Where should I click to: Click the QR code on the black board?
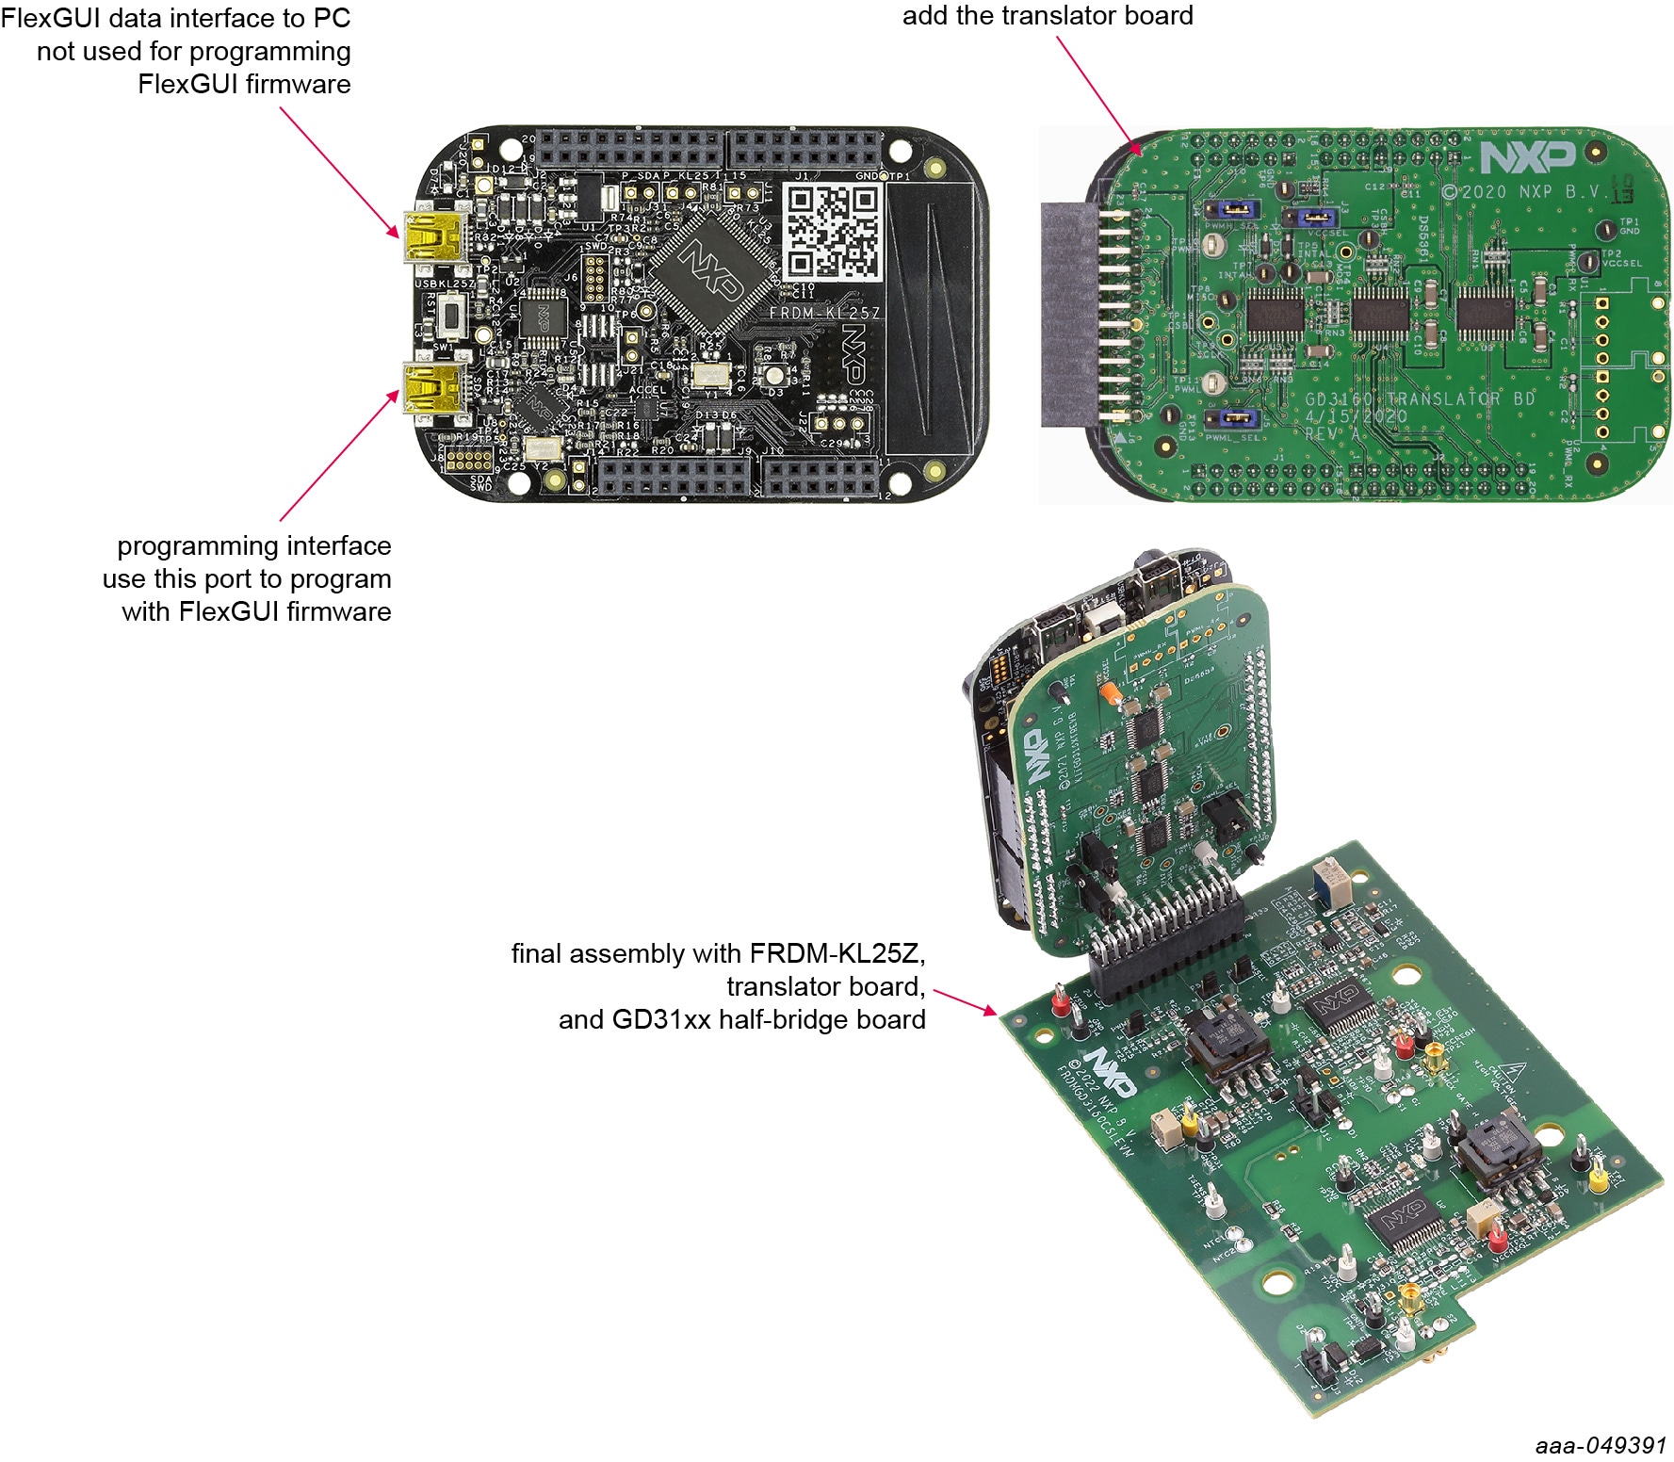[x=833, y=232]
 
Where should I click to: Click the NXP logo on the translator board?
[x=1527, y=157]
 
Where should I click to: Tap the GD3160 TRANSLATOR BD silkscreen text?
[x=1419, y=399]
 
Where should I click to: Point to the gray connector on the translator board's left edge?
[x=1068, y=315]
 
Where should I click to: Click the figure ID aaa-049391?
[x=1600, y=1445]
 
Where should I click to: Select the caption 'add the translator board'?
[x=1048, y=16]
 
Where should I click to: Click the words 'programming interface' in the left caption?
[x=253, y=546]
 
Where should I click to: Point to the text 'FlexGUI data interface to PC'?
[x=176, y=18]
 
